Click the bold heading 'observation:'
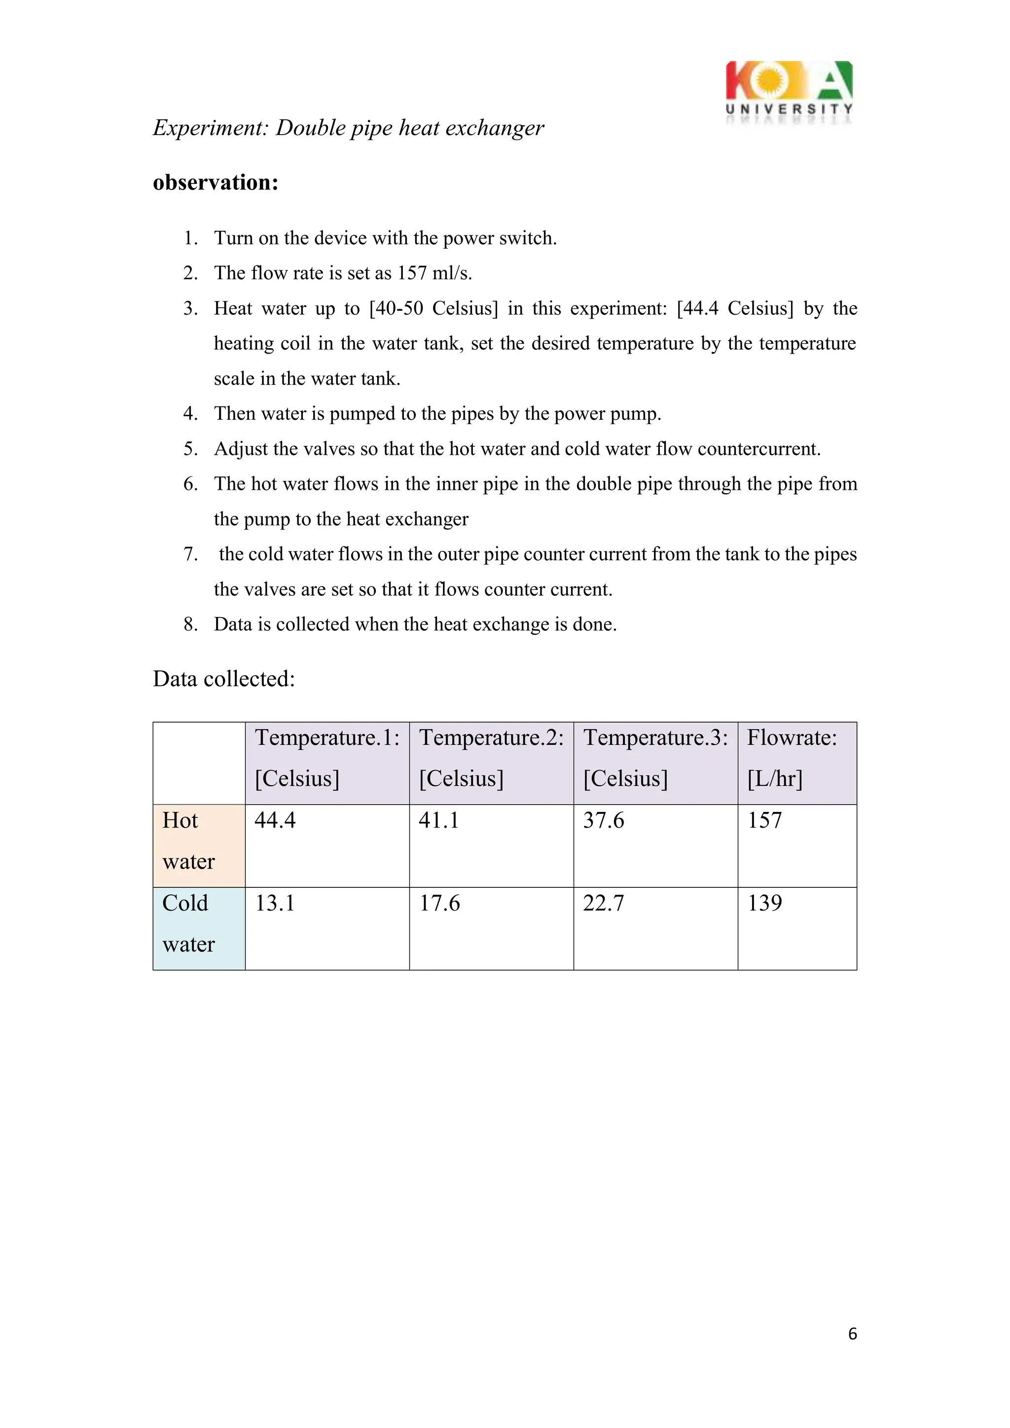click(x=215, y=182)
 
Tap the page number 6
click(x=852, y=1333)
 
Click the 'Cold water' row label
click(x=188, y=923)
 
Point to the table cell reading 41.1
click(x=439, y=820)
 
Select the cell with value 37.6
click(x=603, y=820)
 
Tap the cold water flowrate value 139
click(x=764, y=903)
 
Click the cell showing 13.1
click(x=275, y=903)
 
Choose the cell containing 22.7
click(x=603, y=903)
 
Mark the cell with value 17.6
click(x=439, y=903)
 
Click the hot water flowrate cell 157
click(x=764, y=820)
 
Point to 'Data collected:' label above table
click(x=224, y=679)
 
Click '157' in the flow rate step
click(x=412, y=273)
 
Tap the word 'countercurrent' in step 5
click(x=756, y=449)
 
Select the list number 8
click(x=190, y=624)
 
